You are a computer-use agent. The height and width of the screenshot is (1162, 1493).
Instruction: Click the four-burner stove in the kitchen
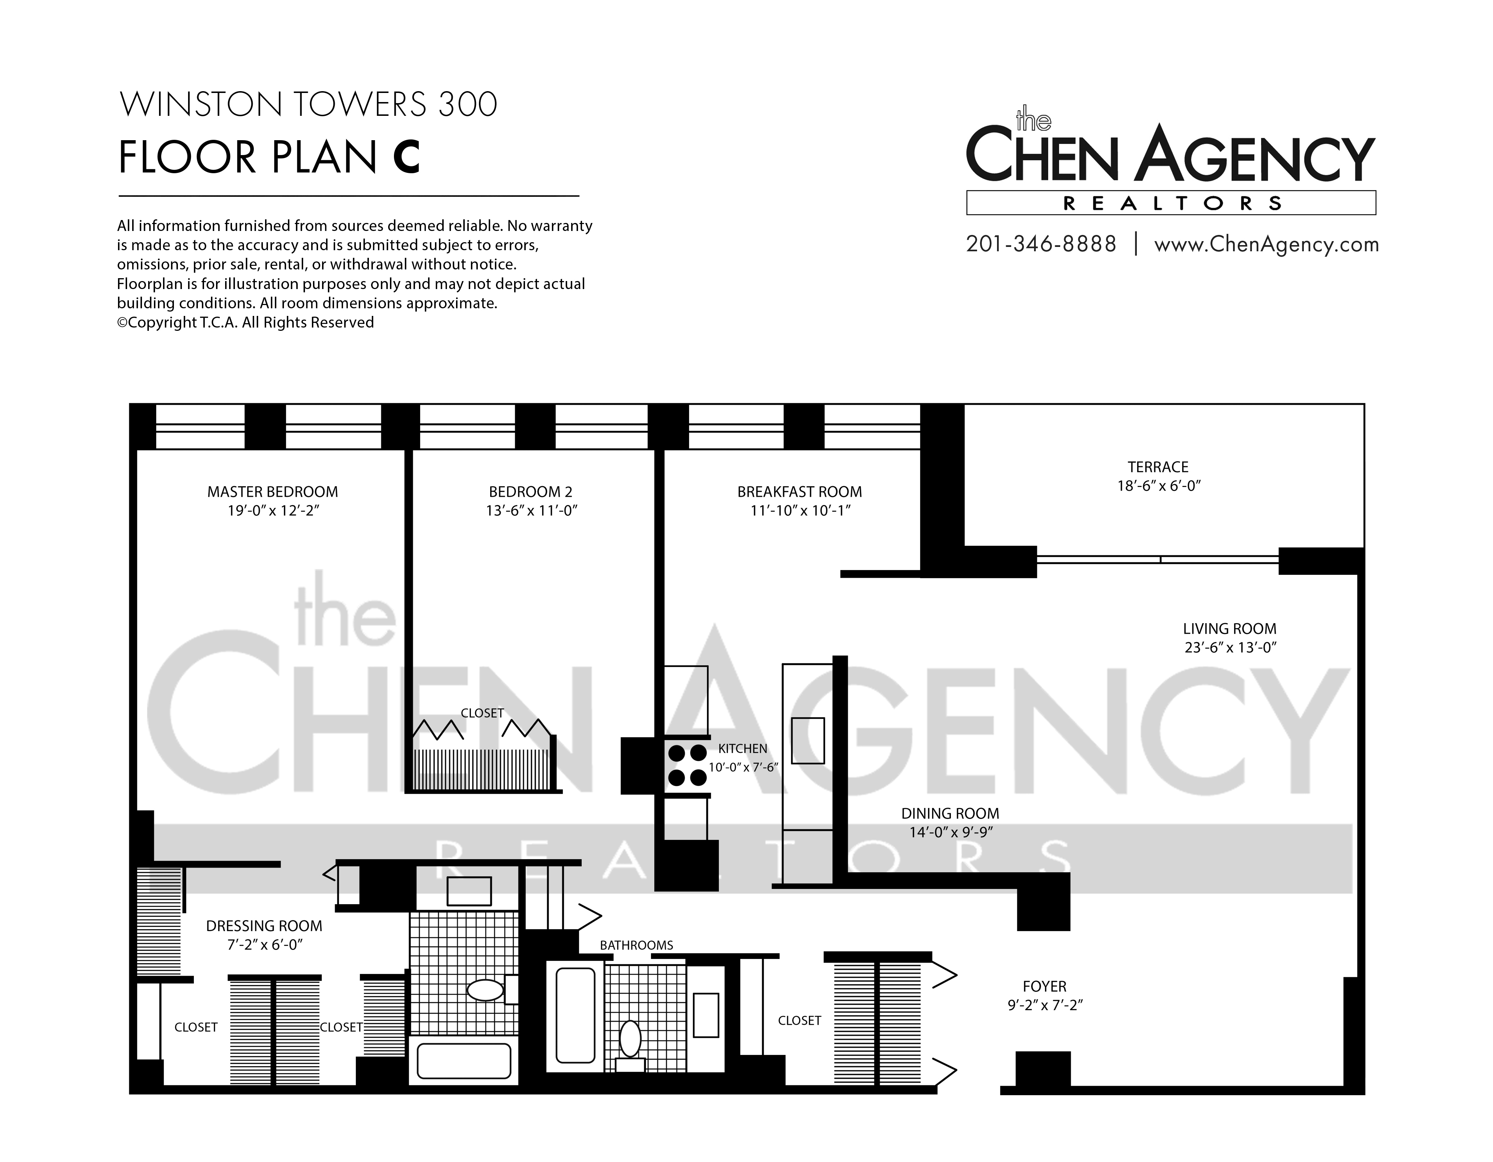click(x=687, y=765)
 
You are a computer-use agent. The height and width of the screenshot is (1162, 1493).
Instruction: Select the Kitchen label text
click(x=743, y=748)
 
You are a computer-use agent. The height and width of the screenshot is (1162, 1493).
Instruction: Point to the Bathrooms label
click(x=636, y=945)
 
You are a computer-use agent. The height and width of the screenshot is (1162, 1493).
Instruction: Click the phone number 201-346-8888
click(x=1041, y=244)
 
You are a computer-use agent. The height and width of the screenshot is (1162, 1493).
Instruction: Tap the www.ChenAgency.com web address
click(x=1266, y=245)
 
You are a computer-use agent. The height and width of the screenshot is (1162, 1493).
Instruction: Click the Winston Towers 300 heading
click(x=308, y=105)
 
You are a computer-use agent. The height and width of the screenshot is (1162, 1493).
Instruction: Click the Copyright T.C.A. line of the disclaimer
click(x=245, y=322)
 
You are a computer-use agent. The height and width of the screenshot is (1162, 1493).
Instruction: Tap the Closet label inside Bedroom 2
click(x=482, y=713)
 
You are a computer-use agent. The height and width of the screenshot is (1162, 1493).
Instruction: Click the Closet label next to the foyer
click(x=799, y=1020)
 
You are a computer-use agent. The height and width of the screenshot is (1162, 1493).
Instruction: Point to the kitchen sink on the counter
click(x=808, y=740)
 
